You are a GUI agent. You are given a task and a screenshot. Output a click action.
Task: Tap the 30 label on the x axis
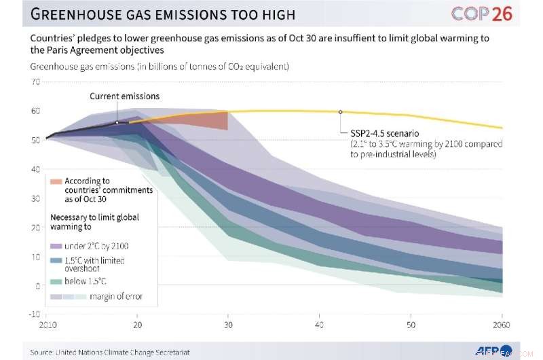pos(227,326)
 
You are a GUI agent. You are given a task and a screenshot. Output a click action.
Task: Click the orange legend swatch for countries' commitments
pos(56,181)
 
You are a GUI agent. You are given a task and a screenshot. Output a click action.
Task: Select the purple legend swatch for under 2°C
pos(56,246)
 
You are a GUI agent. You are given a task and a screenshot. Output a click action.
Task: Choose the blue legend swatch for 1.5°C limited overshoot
pos(56,261)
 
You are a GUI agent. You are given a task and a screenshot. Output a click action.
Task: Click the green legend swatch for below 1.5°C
pos(56,281)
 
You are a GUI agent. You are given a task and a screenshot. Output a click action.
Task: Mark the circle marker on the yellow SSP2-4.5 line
pos(340,111)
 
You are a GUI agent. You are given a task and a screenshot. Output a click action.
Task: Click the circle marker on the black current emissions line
pos(117,123)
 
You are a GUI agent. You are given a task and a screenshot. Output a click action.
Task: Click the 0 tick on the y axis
pos(37,286)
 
